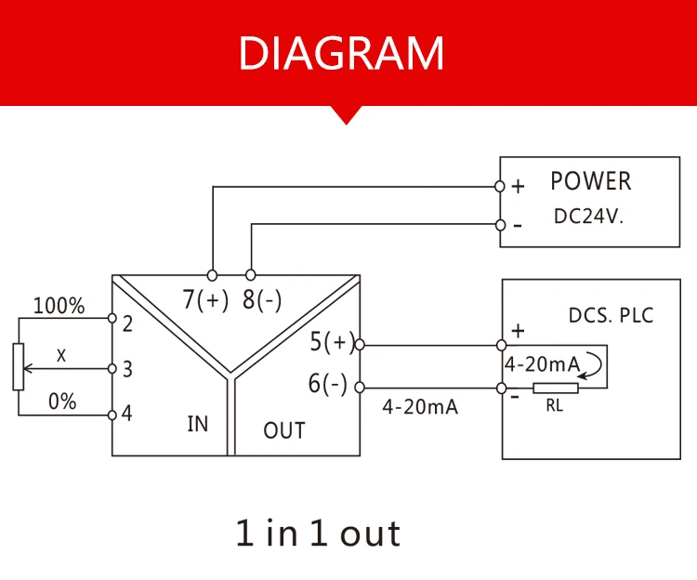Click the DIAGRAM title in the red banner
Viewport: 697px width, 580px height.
[x=341, y=53]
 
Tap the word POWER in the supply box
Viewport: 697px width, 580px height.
[x=590, y=182]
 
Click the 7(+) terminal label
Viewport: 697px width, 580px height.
[x=205, y=300]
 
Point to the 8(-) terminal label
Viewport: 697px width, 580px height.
[x=262, y=300]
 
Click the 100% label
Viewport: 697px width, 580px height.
[x=59, y=306]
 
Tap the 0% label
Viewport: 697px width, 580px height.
[x=62, y=402]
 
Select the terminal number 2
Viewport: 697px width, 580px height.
[x=127, y=323]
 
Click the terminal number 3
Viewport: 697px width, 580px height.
[x=127, y=369]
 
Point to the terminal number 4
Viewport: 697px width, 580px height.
[x=127, y=413]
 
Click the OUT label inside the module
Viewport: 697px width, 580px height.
[x=283, y=430]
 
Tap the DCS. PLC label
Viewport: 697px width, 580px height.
[x=611, y=315]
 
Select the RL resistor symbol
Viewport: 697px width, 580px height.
[x=555, y=389]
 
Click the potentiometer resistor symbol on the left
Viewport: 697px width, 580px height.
[x=16, y=366]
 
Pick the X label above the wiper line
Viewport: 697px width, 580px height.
[x=62, y=355]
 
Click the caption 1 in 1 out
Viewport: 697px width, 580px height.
[x=318, y=534]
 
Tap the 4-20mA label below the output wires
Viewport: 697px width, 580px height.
[x=420, y=407]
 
